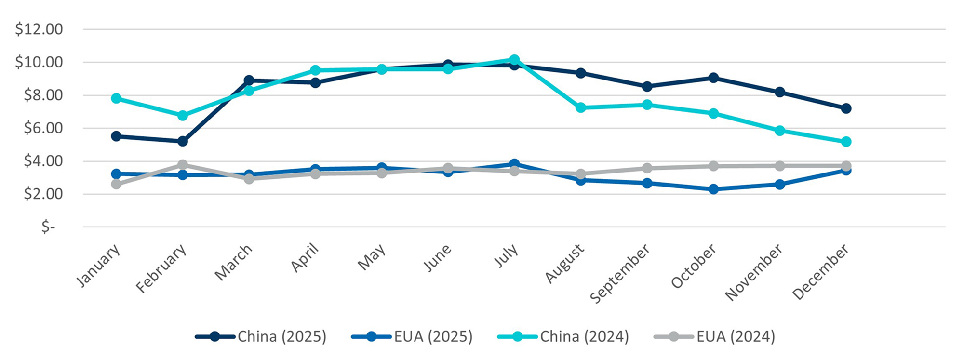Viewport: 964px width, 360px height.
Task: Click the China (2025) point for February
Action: point(182,141)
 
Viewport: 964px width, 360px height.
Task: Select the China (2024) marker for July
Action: point(514,60)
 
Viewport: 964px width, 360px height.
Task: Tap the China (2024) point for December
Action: point(846,142)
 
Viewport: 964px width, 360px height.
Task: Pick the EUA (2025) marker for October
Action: point(713,189)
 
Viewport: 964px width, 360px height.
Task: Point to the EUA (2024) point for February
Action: point(182,165)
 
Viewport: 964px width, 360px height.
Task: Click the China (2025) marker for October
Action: point(713,78)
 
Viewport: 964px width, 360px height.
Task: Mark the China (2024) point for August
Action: point(581,107)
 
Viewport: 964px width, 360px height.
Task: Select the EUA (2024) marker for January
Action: point(116,184)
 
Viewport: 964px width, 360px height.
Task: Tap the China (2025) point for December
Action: point(846,108)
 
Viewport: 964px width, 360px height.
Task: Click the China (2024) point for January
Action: point(116,98)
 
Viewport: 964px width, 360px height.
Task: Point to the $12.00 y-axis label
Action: point(39,29)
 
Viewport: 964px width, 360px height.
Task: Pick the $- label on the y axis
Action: point(48,227)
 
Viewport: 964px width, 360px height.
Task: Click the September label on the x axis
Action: point(620,274)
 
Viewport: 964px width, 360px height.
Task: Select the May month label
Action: point(372,257)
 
